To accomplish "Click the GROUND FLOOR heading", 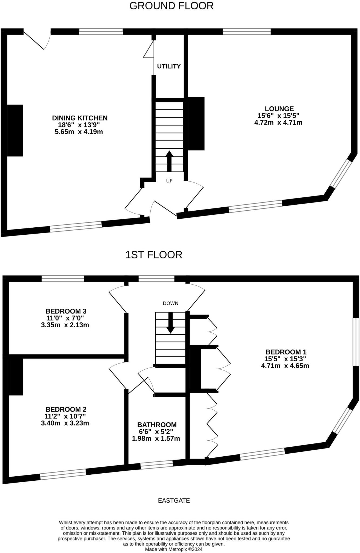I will click(171, 6).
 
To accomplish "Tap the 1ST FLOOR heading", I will click(154, 255).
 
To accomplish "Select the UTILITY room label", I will click(169, 66).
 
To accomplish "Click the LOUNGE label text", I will click(279, 109).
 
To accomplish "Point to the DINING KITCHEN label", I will click(80, 118).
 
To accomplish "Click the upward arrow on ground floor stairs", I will click(169, 161).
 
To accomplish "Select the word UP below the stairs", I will click(169, 181).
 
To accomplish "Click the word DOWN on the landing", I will click(170, 303).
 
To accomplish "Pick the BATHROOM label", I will click(157, 424).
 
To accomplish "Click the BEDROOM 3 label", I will click(66, 311).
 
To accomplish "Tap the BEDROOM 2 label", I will click(66, 409).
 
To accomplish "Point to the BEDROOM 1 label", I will click(286, 352).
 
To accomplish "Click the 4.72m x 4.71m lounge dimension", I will click(278, 123).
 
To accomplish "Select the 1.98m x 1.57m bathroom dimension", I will click(156, 439).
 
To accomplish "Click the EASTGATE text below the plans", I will click(174, 501).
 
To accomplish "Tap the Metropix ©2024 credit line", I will click(174, 549).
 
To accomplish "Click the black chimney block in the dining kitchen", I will click(15, 130).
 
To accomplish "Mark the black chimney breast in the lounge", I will click(196, 124).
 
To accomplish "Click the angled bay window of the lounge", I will click(341, 174).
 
